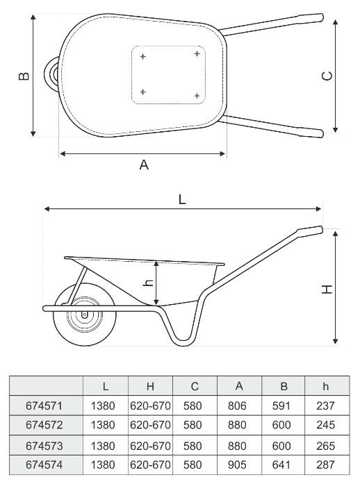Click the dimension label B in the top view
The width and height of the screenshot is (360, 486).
(x=24, y=76)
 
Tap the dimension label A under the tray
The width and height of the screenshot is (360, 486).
(x=144, y=165)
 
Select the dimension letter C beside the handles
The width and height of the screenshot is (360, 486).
(x=327, y=76)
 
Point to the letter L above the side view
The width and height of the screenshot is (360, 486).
(x=182, y=200)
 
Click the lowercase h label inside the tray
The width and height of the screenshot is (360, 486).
(x=149, y=283)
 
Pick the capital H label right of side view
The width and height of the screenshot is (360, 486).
(x=327, y=290)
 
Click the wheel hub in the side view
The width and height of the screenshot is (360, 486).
(x=84, y=315)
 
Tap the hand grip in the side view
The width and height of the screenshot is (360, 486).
(x=310, y=231)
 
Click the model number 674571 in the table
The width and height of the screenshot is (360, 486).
(x=44, y=405)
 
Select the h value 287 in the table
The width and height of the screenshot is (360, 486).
(x=325, y=464)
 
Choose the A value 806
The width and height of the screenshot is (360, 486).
(x=237, y=405)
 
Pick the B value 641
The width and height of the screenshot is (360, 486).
(x=281, y=464)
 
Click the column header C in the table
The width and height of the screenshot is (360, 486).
(x=195, y=387)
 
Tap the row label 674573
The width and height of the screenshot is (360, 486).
(x=44, y=446)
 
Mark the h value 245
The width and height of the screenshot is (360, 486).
(x=325, y=425)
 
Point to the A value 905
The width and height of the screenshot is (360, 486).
(x=237, y=464)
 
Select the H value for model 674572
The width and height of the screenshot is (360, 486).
(x=150, y=425)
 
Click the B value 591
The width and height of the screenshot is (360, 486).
(x=281, y=405)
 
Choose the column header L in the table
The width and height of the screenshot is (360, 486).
(x=106, y=387)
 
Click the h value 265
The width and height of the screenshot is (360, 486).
(x=325, y=446)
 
